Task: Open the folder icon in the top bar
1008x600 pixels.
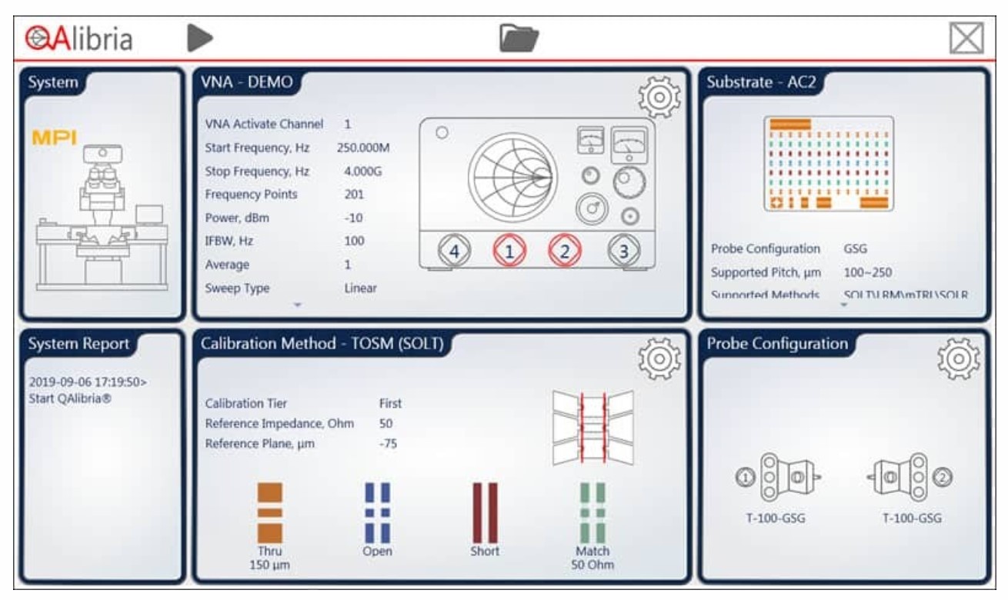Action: point(519,37)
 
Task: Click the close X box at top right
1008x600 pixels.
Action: point(966,37)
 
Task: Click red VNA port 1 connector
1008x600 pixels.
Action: point(509,251)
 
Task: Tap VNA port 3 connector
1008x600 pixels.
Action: point(624,251)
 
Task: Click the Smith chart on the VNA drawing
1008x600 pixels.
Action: point(511,176)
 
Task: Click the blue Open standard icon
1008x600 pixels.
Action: point(377,512)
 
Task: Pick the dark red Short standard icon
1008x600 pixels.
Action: point(485,512)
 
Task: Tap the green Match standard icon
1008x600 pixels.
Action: point(592,512)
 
